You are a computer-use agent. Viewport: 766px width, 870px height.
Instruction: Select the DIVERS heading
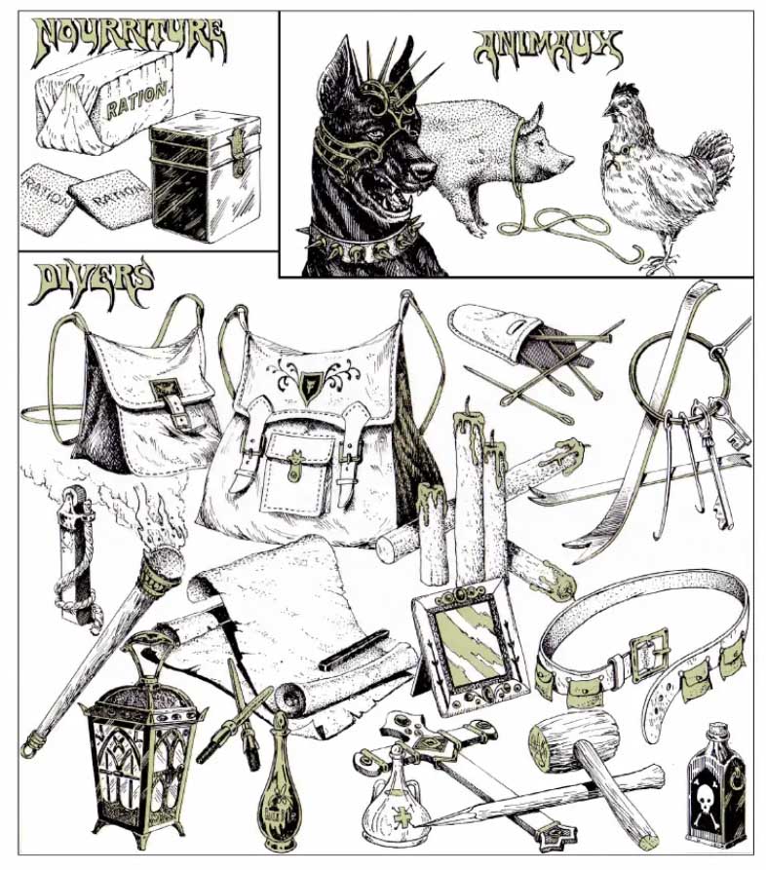click(x=93, y=284)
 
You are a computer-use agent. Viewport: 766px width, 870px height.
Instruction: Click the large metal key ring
click(x=672, y=378)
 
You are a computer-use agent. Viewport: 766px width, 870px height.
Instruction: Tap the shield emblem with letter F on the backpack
click(x=309, y=384)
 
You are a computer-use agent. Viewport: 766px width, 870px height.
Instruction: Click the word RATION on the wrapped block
click(x=137, y=101)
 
